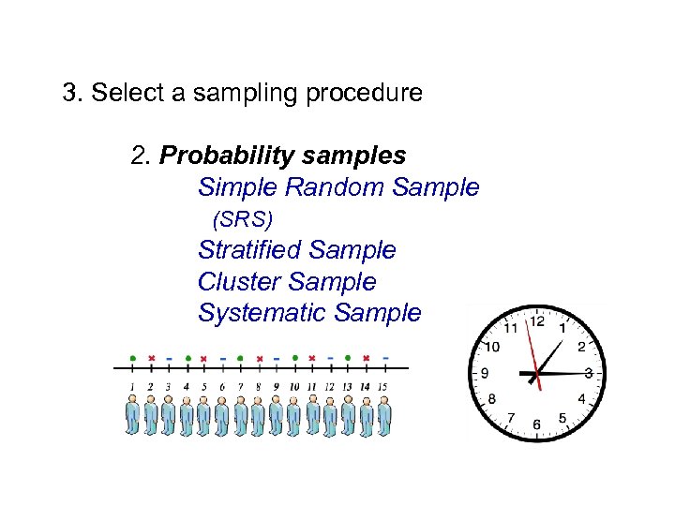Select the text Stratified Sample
point(296,250)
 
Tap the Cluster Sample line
point(286,282)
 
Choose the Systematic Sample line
point(309,313)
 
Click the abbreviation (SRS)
point(243,220)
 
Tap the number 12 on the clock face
point(536,321)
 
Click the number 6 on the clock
point(536,424)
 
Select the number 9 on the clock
point(485,373)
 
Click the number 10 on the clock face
point(492,347)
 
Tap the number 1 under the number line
point(132,386)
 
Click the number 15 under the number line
point(383,386)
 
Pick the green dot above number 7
point(240,358)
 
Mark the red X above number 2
point(151,358)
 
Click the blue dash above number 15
point(384,358)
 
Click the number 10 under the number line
point(293,386)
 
